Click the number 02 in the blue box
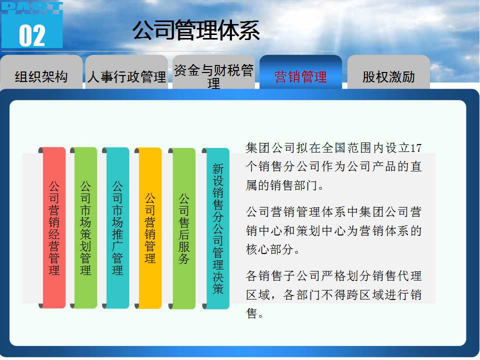(32, 36)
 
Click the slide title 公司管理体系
(196, 30)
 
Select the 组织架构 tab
(41, 73)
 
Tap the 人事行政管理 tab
(126, 73)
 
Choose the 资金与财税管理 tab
(213, 73)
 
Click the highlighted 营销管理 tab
(300, 73)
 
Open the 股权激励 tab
(388, 73)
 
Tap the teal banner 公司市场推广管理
(117, 228)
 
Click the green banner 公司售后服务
(183, 228)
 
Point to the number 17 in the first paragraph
(415, 148)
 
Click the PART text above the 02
(32, 8)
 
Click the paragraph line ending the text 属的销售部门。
(285, 185)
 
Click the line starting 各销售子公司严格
(334, 276)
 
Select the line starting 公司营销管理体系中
(334, 212)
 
